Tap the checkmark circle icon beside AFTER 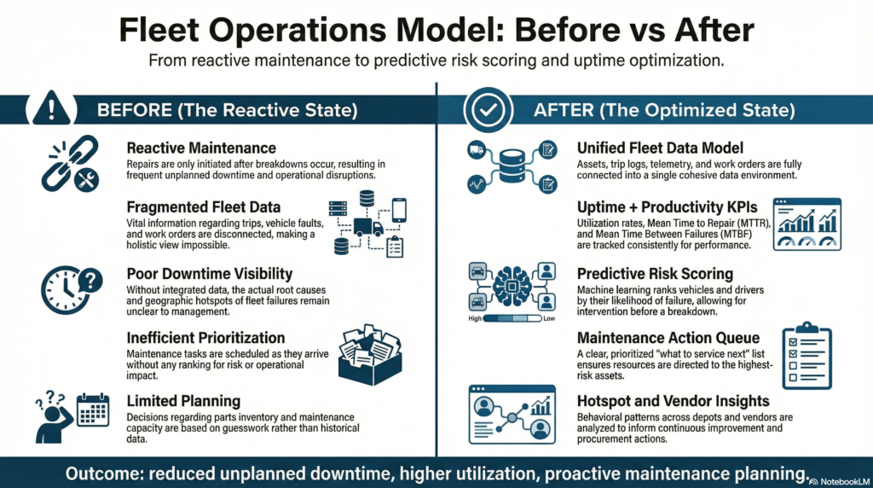click(489, 110)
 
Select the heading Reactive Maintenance click(201, 148)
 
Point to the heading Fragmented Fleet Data click(205, 207)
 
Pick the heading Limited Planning click(182, 401)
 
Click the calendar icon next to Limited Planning click(94, 410)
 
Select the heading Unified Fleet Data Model click(660, 148)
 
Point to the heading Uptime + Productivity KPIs click(666, 208)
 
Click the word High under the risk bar click(477, 319)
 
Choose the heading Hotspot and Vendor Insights click(674, 401)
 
